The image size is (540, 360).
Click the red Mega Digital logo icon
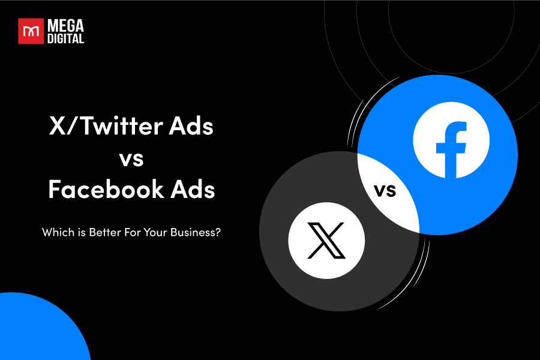pos(30,31)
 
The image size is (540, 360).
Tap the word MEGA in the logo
pos(65,26)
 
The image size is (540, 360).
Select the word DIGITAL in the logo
pos(65,38)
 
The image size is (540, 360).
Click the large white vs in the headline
pos(131,159)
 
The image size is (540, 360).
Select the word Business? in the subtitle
pos(195,232)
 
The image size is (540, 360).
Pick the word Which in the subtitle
pos(55,232)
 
